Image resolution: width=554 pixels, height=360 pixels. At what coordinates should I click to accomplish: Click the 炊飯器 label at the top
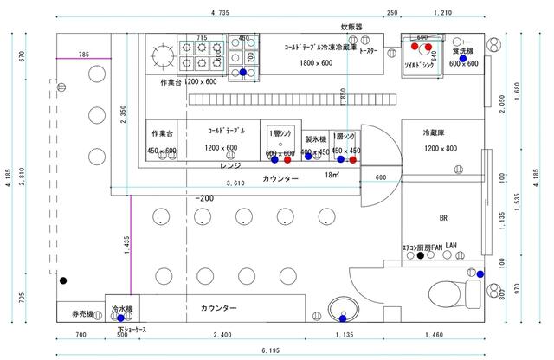click(x=351, y=29)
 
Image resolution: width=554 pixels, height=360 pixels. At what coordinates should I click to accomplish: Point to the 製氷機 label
click(x=315, y=138)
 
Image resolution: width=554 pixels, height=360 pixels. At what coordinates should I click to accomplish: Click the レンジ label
click(x=230, y=164)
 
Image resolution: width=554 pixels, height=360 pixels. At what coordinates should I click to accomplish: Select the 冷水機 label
click(x=121, y=309)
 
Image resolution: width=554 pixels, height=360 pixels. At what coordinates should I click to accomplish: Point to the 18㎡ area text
click(x=331, y=175)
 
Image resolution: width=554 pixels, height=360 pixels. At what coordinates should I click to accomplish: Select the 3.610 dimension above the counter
click(x=234, y=184)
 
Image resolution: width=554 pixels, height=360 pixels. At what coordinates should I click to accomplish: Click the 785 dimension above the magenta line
click(x=83, y=55)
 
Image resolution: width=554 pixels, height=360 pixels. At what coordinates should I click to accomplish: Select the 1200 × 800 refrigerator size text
click(x=440, y=149)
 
